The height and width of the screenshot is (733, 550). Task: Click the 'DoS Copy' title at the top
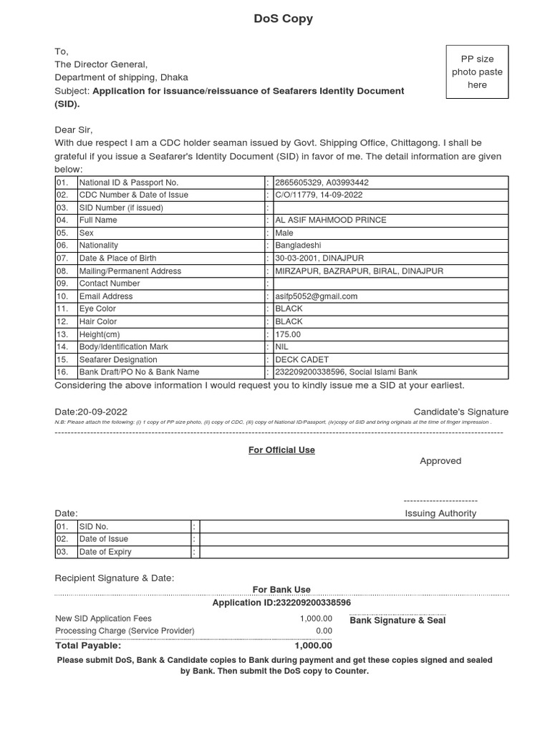[x=283, y=19]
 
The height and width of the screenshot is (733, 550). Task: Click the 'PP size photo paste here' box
[x=477, y=72]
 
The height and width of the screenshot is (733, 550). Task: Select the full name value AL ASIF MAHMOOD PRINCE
[x=330, y=220]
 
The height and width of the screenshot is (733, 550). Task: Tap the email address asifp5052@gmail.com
[x=316, y=296]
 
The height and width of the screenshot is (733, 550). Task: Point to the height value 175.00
[x=288, y=334]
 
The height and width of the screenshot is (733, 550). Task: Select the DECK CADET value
[x=296, y=360]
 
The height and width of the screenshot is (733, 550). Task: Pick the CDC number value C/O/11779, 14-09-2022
[x=319, y=195]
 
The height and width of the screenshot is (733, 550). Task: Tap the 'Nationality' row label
[x=99, y=246]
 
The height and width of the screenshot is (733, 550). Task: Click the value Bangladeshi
[x=298, y=246]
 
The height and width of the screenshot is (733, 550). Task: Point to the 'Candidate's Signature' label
[x=460, y=412]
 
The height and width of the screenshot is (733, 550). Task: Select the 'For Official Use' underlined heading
[x=281, y=450]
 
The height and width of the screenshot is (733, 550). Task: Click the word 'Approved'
[x=440, y=461]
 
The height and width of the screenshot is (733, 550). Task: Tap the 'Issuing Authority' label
[x=440, y=513]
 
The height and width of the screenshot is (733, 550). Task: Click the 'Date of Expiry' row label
[x=105, y=552]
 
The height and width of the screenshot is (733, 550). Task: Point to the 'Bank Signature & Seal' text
[x=397, y=621]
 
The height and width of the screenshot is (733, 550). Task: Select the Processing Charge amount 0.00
[x=324, y=631]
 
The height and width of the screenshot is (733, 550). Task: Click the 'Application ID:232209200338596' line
[x=281, y=603]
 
